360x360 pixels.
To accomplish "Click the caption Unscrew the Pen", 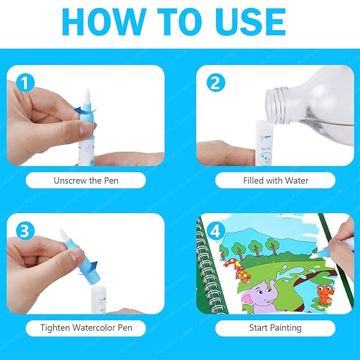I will tap(85, 180).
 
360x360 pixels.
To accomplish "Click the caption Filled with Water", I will tap(275, 180).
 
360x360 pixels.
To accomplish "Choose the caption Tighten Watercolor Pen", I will tap(85, 328).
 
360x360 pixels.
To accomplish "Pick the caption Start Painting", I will tap(275, 328).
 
